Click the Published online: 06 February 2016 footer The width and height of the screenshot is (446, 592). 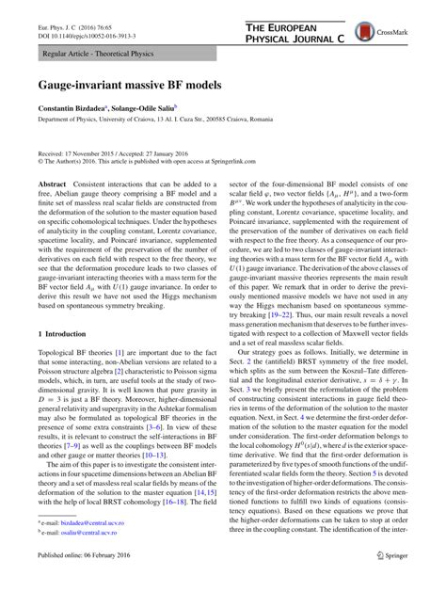point(88,581)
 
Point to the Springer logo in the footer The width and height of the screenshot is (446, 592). point(388,581)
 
